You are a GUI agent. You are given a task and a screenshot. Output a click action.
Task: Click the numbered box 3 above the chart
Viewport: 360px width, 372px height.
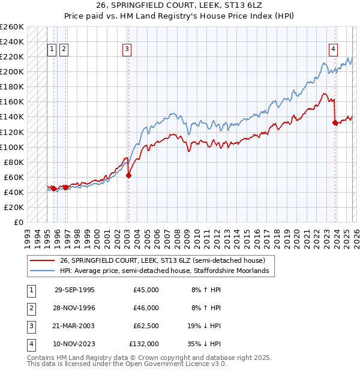(127, 50)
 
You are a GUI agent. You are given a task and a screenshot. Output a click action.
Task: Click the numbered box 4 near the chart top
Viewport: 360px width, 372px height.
(333, 50)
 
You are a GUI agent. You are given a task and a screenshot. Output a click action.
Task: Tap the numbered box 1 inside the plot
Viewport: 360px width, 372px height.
(52, 50)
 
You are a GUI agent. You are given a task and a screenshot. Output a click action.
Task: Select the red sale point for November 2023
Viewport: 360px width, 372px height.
(335, 122)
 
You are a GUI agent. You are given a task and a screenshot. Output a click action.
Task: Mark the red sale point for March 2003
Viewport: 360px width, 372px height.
(128, 175)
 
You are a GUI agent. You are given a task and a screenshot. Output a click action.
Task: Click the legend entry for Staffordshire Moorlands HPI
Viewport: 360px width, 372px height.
(167, 271)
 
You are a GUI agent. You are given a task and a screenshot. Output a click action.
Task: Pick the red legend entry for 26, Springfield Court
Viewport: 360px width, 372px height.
(167, 260)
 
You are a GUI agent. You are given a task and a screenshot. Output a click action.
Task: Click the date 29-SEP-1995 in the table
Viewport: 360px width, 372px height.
(74, 290)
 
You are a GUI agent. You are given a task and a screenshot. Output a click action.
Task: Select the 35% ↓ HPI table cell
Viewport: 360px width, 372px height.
(206, 344)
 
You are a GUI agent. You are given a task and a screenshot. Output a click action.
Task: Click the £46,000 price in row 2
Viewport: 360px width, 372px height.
(146, 308)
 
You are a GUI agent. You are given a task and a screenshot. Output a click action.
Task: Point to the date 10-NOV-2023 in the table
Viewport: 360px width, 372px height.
(74, 344)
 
